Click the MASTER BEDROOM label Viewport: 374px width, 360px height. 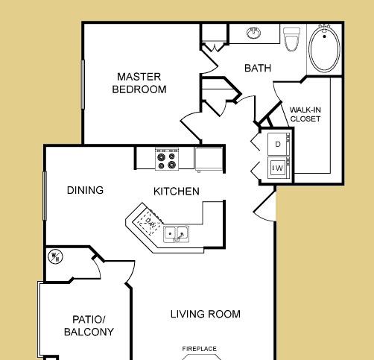pyautogui.click(x=139, y=83)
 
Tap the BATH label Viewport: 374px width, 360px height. pyautogui.click(x=258, y=68)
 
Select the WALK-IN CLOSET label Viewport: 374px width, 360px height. pyautogui.click(x=305, y=114)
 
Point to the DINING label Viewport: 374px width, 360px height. pyautogui.click(x=85, y=190)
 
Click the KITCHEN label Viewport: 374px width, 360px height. pyautogui.click(x=177, y=192)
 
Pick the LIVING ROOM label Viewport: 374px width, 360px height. pyautogui.click(x=206, y=314)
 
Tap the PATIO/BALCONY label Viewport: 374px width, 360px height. pyautogui.click(x=89, y=326)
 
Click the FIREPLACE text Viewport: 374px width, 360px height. pyautogui.click(x=200, y=349)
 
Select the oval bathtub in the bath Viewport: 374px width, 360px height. pyautogui.click(x=324, y=49)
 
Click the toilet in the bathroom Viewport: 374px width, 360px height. pyautogui.click(x=292, y=39)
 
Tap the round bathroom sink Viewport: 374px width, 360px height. pyautogui.click(x=254, y=33)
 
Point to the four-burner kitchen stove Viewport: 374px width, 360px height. pyautogui.click(x=167, y=159)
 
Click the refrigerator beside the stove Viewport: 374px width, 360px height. pyautogui.click(x=209, y=159)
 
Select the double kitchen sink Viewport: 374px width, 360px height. pyautogui.click(x=176, y=234)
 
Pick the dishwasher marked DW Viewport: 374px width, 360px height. pyautogui.click(x=149, y=222)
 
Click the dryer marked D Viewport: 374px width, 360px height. pyautogui.click(x=279, y=144)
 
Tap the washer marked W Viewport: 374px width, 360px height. pyautogui.click(x=279, y=168)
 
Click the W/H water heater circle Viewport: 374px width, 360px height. pyautogui.click(x=55, y=256)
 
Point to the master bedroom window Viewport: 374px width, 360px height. pyautogui.click(x=83, y=84)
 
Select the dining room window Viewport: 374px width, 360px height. pyautogui.click(x=45, y=196)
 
